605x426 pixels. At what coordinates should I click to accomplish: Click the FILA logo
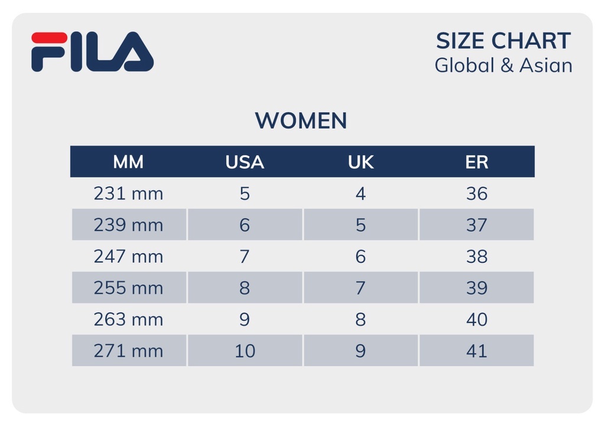(92, 52)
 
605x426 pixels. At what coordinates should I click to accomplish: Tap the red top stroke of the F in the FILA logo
(49, 38)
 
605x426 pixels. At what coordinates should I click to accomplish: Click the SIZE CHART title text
(503, 41)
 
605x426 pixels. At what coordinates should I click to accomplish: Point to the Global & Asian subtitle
(503, 66)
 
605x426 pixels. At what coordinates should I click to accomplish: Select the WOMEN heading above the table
(301, 121)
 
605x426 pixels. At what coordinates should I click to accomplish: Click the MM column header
(128, 162)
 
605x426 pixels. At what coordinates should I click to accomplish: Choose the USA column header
(245, 162)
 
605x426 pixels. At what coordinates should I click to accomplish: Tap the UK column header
(360, 162)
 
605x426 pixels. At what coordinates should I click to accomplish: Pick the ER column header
(476, 162)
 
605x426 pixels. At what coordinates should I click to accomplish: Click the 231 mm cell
(128, 194)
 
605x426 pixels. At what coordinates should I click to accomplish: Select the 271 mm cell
(128, 351)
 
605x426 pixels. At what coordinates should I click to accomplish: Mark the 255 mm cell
(128, 288)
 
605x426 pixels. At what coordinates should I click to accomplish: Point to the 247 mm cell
(128, 256)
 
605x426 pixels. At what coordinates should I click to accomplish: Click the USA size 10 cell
(245, 351)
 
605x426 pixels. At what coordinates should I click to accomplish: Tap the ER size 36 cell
(476, 194)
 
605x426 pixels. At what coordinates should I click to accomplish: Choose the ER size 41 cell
(476, 351)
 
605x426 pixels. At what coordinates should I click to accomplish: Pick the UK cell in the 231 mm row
(360, 194)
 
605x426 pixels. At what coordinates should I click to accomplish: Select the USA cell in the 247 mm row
(245, 256)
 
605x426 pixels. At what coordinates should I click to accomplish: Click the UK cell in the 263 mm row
(360, 320)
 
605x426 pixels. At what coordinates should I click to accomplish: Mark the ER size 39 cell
(476, 288)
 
